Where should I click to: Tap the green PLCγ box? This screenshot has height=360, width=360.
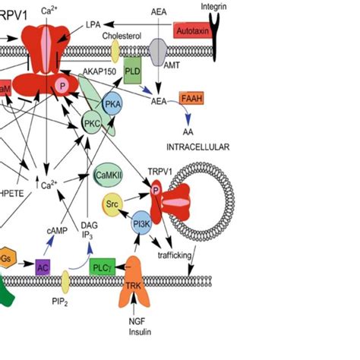click(103, 267)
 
